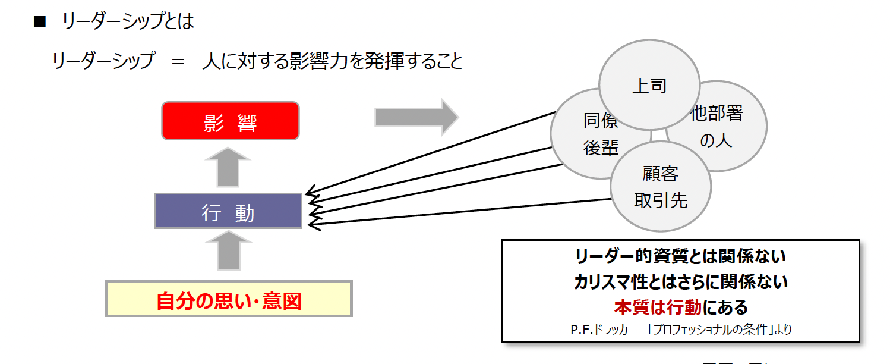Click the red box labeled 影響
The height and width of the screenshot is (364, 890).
click(231, 121)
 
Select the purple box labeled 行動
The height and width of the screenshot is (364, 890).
click(228, 211)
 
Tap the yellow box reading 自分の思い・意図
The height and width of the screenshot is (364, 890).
click(229, 299)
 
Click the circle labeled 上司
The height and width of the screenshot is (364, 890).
click(649, 84)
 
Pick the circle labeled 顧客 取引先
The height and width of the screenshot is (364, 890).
click(660, 186)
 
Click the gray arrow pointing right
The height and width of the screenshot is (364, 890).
click(417, 117)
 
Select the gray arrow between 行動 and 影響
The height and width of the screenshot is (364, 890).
click(228, 167)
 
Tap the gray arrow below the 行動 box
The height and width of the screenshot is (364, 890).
click(229, 250)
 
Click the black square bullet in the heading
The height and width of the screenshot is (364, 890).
click(40, 21)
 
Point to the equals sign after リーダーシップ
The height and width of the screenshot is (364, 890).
click(178, 62)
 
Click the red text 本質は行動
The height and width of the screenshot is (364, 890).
click(658, 307)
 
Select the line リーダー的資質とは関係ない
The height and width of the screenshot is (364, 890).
click(681, 256)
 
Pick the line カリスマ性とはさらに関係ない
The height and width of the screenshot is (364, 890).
click(681, 282)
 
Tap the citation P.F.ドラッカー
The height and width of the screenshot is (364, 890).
click(604, 330)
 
